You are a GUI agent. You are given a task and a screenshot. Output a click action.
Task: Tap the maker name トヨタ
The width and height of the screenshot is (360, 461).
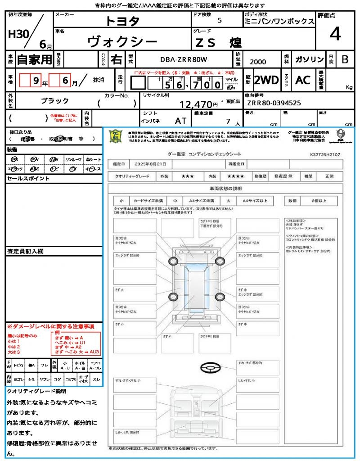[122, 21]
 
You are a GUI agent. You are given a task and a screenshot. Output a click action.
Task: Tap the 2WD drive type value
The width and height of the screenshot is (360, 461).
[266, 80]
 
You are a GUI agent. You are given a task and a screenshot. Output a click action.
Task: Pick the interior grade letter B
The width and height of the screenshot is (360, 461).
[345, 59]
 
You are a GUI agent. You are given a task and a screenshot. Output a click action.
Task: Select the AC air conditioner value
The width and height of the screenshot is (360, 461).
[303, 80]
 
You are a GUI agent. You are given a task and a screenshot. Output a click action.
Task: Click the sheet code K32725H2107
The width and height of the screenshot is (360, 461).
[325, 154]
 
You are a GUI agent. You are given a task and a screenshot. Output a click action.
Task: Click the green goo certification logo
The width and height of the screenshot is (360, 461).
[117, 136]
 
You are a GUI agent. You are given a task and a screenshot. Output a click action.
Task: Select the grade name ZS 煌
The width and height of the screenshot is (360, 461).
[218, 43]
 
